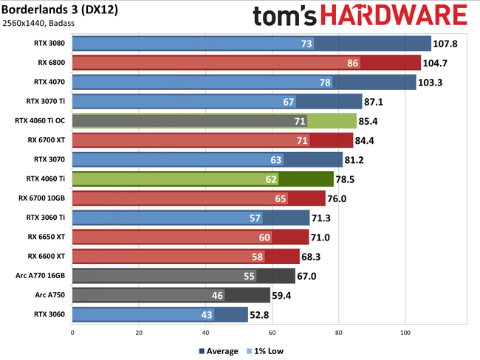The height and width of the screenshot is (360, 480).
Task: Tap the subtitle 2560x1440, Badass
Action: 47,26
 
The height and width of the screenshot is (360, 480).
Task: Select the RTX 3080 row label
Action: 49,44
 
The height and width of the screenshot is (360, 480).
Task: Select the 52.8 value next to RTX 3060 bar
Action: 263,314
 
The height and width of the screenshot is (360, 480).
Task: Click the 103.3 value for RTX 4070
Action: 430,82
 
